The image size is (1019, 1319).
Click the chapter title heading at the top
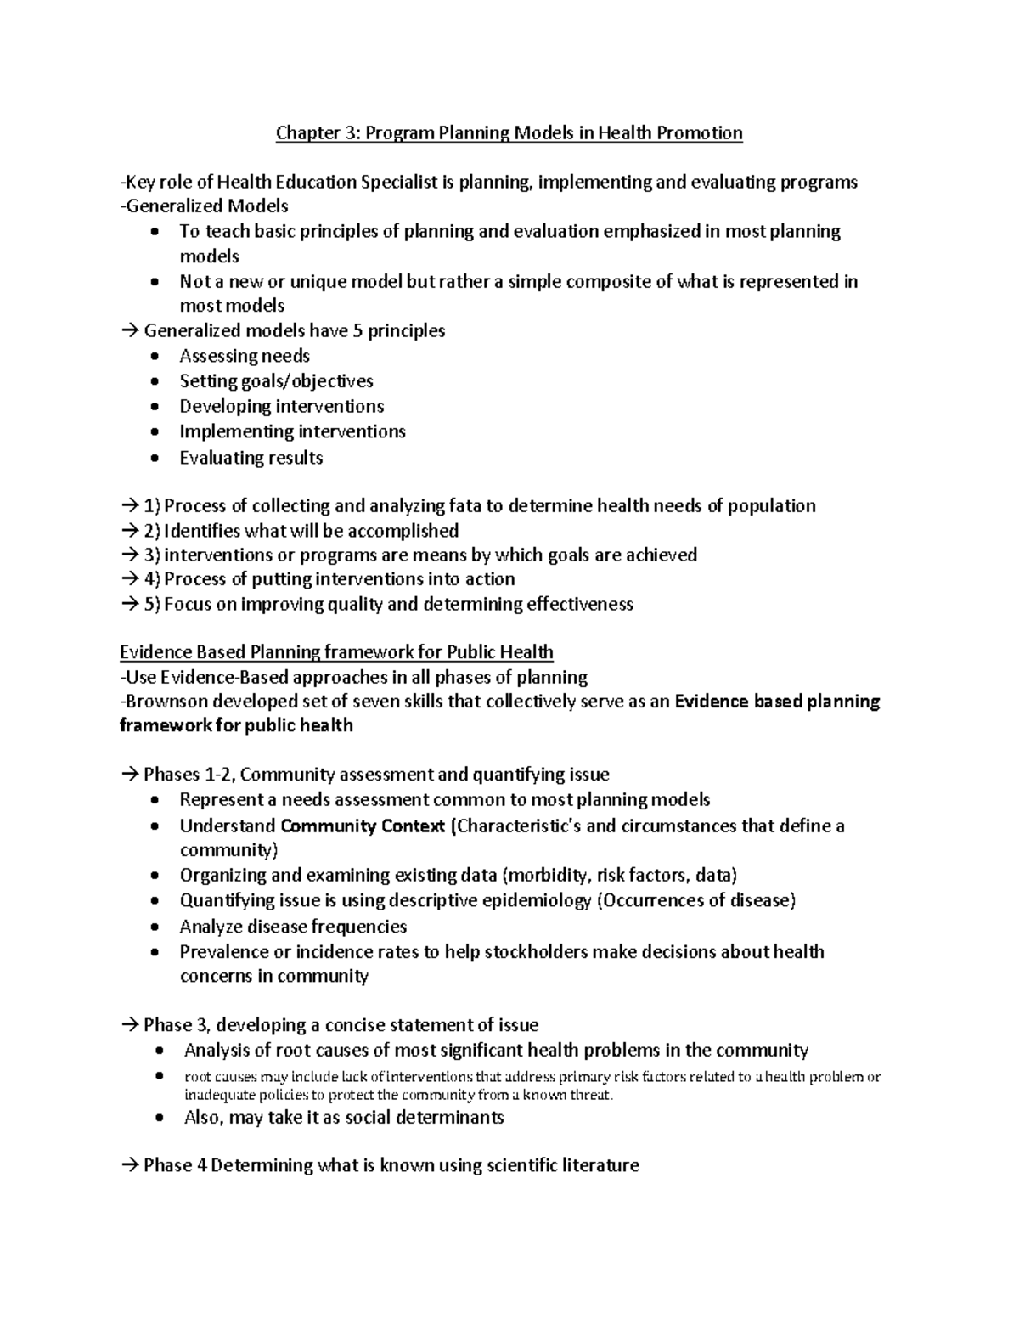[509, 133]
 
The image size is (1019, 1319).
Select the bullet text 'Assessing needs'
[245, 357]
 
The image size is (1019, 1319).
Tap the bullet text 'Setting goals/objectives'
[276, 381]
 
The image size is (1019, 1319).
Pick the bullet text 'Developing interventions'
[281, 407]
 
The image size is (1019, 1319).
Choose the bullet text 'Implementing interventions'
[292, 432]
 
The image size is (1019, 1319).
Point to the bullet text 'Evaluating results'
[251, 458]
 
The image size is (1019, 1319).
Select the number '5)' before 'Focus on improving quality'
[152, 605]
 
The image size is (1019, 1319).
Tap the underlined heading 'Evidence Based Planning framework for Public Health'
[336, 652]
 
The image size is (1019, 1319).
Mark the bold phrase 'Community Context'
[363, 826]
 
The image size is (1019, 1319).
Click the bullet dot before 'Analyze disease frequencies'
[153, 927]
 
